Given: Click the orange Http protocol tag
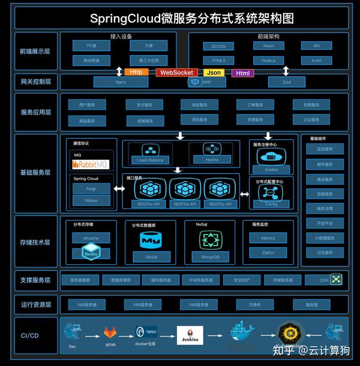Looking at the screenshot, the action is [137, 73].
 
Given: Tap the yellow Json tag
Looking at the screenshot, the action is [214, 73].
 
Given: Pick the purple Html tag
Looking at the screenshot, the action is [242, 73].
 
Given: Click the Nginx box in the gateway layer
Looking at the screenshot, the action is [120, 81].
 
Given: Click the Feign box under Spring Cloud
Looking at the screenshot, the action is [91, 188].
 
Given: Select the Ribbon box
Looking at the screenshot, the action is [91, 200].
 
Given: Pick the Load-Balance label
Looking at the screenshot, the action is [149, 160].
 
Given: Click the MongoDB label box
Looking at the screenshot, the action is [210, 257].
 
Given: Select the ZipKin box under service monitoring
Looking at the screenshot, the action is [268, 253].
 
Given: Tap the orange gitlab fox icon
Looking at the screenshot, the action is [110, 332].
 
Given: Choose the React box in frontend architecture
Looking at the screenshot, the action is [269, 46].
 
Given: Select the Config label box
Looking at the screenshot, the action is [271, 204].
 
